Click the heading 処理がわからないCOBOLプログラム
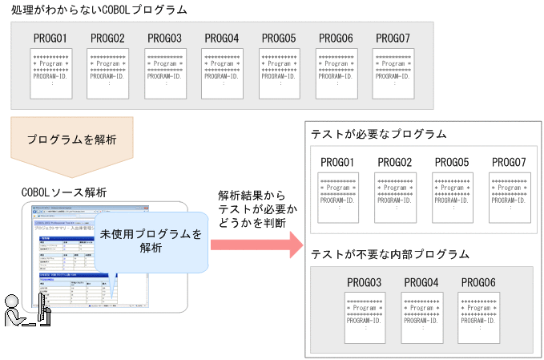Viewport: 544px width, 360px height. point(99,10)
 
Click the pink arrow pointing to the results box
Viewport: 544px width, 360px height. point(255,243)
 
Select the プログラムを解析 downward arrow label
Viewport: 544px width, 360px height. point(72,140)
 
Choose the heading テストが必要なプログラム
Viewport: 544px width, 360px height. point(379,134)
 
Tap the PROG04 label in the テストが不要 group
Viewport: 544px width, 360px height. point(421,282)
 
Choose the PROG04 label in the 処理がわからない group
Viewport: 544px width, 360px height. point(222,38)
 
